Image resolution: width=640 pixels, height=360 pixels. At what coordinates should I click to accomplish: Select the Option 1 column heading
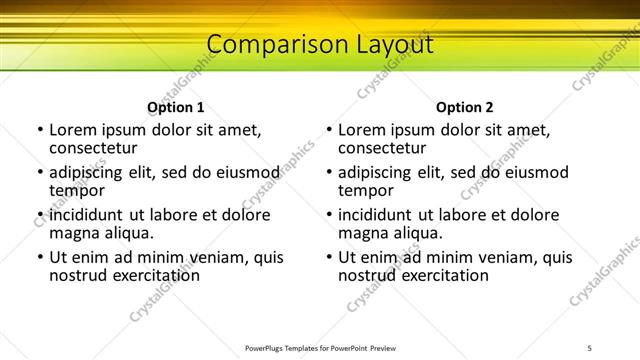176,107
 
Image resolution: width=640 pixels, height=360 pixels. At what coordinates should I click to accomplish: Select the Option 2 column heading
465,107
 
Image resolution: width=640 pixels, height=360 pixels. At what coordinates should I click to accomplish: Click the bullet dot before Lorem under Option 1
40,131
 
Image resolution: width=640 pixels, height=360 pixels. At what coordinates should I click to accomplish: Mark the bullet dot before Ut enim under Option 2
329,258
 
